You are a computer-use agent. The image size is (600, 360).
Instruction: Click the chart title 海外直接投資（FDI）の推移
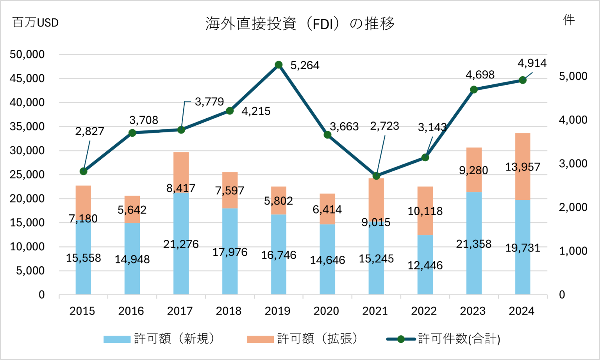[x=300, y=24]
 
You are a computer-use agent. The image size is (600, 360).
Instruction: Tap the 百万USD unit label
[x=36, y=23]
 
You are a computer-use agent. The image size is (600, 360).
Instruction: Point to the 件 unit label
[x=569, y=20]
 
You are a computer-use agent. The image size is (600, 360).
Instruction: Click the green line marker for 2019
[x=279, y=65]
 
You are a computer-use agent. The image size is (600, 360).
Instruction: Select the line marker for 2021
[x=376, y=176]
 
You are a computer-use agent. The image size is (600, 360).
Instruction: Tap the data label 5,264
[x=305, y=66]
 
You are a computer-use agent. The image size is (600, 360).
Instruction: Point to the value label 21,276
[x=181, y=244]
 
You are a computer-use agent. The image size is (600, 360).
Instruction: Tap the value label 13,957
[x=523, y=167]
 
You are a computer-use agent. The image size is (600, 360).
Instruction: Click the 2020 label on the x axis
[x=326, y=311]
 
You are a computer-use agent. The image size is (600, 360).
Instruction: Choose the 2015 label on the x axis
[x=82, y=311]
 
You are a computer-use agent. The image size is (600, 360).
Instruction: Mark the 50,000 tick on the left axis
[x=27, y=55]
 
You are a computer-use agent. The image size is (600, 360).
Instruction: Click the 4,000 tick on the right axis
[x=573, y=120]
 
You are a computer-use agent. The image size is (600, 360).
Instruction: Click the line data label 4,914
[x=532, y=63]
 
